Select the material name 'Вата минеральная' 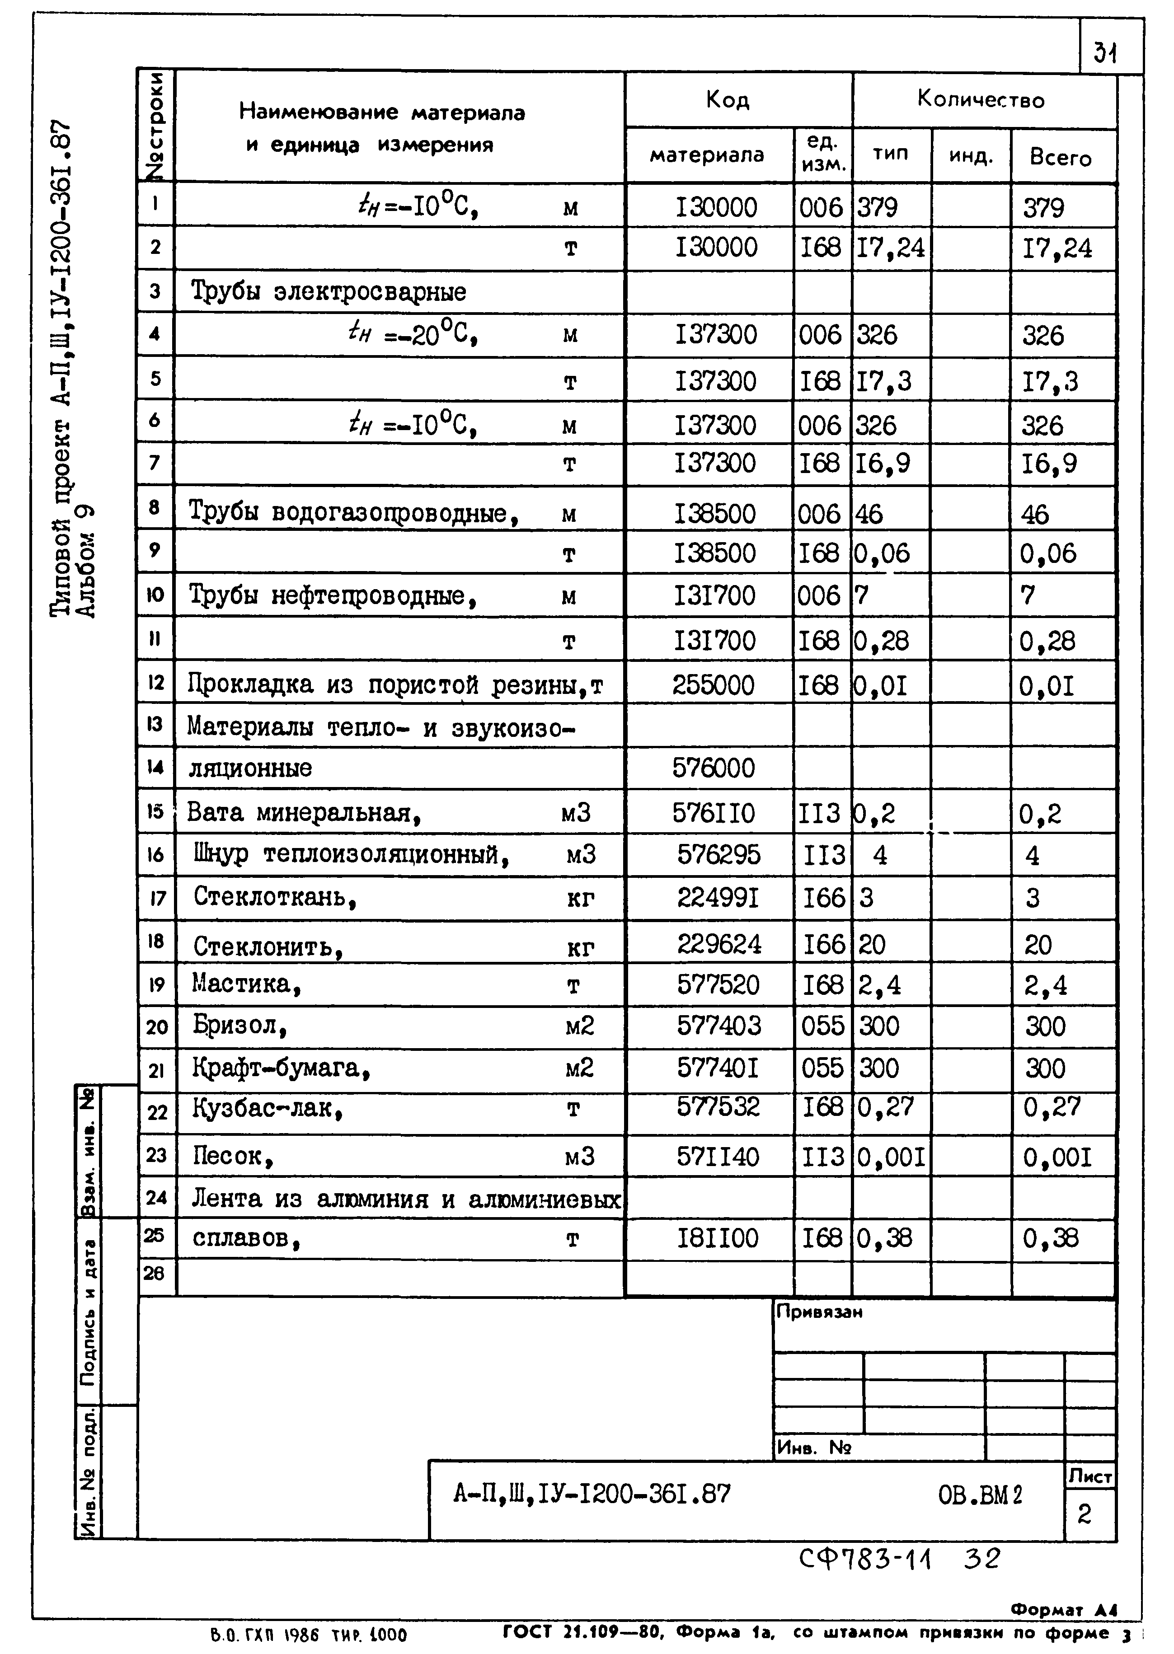pos(304,813)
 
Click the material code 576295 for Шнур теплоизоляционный pos(718,855)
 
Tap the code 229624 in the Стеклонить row pos(718,944)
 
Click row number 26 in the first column pos(155,1273)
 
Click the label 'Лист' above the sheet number pos(1090,1477)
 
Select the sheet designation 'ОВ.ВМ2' pos(980,1495)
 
